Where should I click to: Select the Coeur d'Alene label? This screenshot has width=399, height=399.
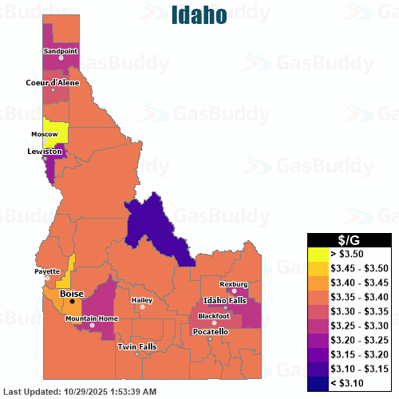(53, 82)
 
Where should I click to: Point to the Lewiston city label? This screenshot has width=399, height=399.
(45, 151)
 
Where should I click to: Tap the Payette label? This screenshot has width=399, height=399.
(47, 271)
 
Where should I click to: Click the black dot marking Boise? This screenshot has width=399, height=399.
(72, 302)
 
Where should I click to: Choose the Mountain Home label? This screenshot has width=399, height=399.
(91, 318)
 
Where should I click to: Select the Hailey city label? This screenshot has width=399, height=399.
(143, 299)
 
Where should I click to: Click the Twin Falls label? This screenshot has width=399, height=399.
(136, 346)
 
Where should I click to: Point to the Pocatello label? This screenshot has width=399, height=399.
(211, 330)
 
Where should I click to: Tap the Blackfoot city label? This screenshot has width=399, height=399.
(214, 316)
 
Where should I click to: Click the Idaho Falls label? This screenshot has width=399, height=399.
(225, 299)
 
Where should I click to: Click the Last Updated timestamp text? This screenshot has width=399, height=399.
(80, 392)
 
